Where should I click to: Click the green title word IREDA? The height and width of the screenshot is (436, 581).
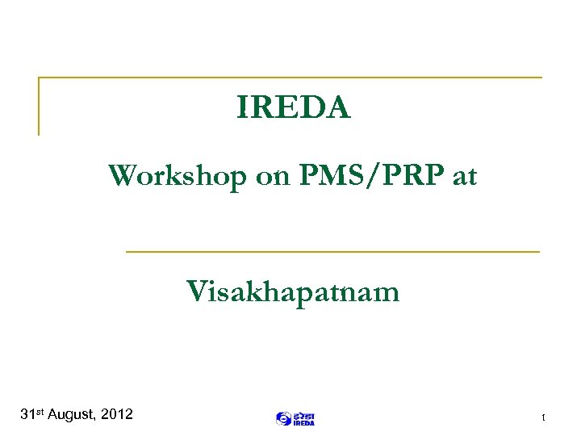point(294,107)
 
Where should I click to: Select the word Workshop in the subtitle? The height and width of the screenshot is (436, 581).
point(178,175)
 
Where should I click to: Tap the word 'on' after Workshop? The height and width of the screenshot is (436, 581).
point(270,176)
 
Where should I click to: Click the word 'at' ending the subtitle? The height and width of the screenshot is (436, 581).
point(465,176)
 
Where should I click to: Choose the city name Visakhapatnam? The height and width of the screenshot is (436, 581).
point(293,291)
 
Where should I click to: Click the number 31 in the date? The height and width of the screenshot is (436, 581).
point(27,415)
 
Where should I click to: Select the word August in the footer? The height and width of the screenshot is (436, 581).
point(73,415)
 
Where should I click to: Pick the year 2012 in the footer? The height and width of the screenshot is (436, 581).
point(118,415)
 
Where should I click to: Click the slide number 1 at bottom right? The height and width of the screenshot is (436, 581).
point(544,417)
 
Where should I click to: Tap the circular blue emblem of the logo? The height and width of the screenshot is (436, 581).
point(283,418)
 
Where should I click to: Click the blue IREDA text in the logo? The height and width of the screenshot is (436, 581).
point(303,422)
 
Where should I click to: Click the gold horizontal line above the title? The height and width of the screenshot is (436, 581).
point(290,78)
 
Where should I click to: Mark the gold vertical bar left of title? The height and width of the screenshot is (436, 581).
point(39,106)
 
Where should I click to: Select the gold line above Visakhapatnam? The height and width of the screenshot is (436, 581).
point(332,252)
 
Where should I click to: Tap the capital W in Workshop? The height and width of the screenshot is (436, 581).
point(123,175)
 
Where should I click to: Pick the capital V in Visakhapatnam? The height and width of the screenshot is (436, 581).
point(196,291)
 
